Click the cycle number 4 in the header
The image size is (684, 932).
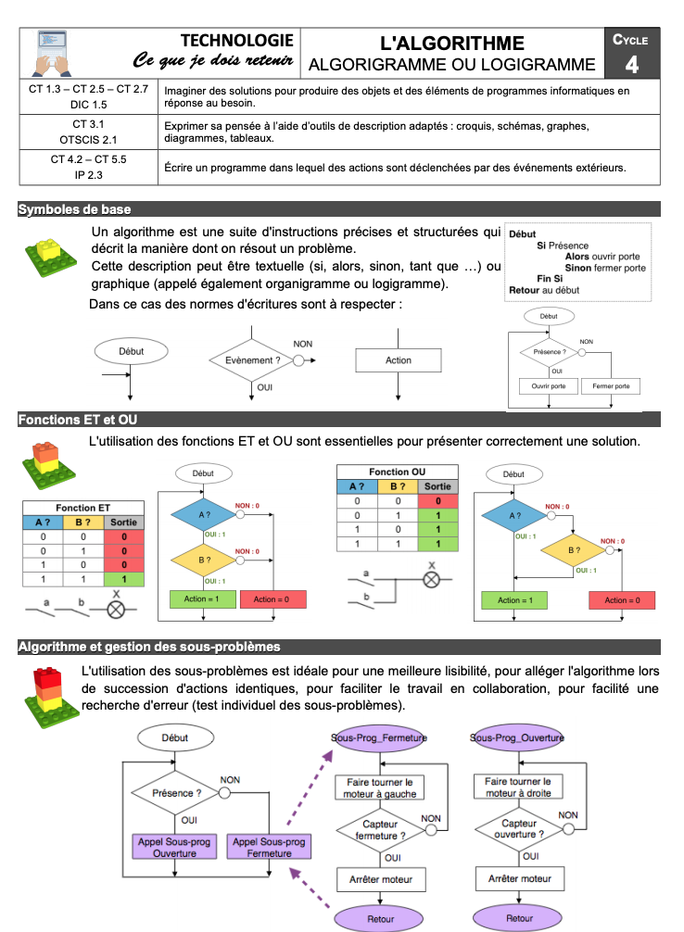(x=631, y=64)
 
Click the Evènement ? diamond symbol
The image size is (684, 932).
(x=253, y=360)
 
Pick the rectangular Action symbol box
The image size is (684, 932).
(x=399, y=360)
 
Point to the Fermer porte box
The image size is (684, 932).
(x=611, y=385)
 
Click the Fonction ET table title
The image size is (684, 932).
(x=82, y=508)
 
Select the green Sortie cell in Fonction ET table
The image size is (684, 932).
(x=124, y=579)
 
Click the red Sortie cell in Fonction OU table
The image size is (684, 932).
(x=437, y=500)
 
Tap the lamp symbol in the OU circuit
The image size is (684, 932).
(x=431, y=580)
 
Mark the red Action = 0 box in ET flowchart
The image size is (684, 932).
(x=272, y=598)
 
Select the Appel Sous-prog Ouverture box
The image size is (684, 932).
(x=174, y=847)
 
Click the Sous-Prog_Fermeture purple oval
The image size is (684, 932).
(x=379, y=738)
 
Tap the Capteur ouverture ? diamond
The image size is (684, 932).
(x=519, y=827)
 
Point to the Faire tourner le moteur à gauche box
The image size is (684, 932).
(x=379, y=787)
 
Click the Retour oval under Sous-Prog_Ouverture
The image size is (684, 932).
(x=519, y=919)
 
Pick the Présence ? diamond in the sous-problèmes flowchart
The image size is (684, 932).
(x=176, y=793)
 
